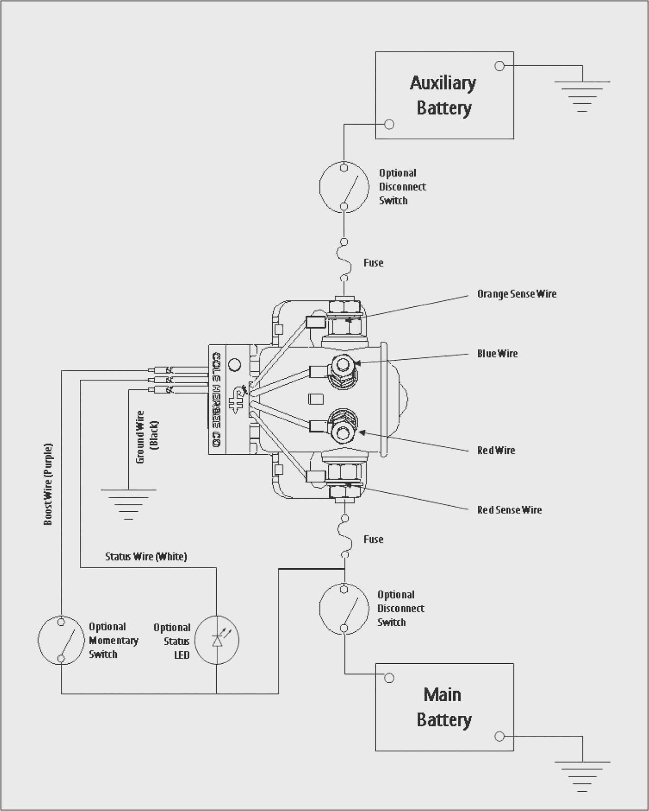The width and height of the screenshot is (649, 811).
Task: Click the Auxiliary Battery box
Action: pos(444,95)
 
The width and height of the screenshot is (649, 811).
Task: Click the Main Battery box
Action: pos(444,707)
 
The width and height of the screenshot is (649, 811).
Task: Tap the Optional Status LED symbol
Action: pos(217,640)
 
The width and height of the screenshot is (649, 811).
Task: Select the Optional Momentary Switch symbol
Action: pos(61,640)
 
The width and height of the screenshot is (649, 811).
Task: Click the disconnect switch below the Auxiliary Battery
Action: pos(344,187)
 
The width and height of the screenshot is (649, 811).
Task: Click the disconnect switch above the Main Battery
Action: pos(344,608)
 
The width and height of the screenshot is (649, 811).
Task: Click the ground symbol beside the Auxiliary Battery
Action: pos(582,96)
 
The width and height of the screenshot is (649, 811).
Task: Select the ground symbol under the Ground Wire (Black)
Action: pos(128,503)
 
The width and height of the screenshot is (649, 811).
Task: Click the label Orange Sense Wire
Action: pos(516,294)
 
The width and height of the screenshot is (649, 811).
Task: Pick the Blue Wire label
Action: pos(497,354)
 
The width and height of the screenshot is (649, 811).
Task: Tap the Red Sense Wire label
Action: pos(509,510)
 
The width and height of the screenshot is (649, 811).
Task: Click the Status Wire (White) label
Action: pos(146,557)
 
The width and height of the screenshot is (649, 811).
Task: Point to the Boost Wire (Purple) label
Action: pos(48,484)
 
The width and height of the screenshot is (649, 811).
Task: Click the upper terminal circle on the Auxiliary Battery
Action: pos(499,66)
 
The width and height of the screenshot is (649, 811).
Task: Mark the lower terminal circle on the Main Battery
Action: pos(499,736)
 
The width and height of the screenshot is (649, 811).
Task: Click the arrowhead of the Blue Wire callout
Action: pos(357,363)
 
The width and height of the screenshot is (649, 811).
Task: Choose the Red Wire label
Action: pos(496,451)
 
